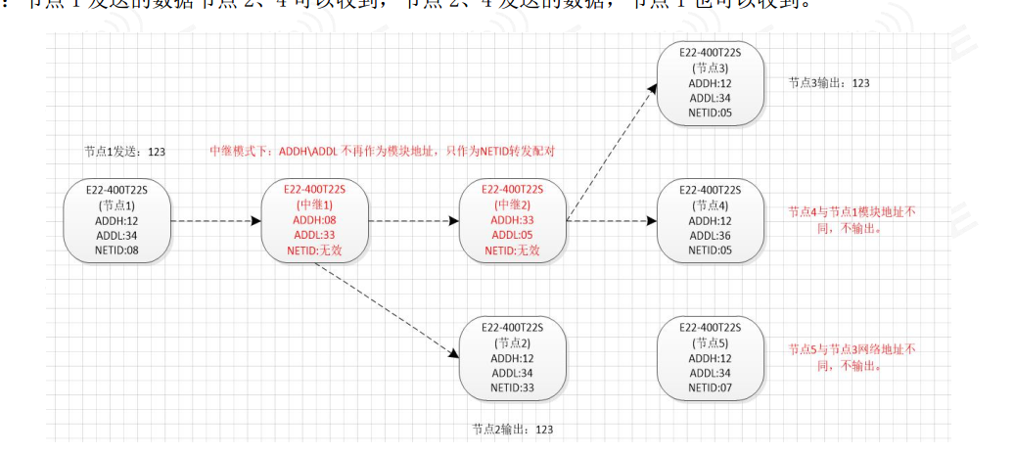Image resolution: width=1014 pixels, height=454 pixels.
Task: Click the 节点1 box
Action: [116, 221]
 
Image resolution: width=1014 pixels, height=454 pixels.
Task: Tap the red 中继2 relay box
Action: [513, 221]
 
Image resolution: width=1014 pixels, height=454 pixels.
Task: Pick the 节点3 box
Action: [710, 83]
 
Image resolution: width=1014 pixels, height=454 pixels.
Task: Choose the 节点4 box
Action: [710, 221]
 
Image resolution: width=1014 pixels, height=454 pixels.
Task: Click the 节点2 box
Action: [513, 357]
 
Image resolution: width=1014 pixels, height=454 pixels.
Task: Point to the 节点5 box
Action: [710, 357]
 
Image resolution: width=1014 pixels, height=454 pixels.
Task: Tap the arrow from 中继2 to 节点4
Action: [612, 221]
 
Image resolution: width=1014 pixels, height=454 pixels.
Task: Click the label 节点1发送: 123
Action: [124, 152]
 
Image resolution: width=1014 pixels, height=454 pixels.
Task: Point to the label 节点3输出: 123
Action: [829, 83]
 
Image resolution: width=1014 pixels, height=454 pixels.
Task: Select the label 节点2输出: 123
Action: [512, 429]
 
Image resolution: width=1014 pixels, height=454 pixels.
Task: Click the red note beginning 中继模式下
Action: [389, 152]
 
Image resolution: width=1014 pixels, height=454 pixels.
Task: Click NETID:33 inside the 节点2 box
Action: [513, 387]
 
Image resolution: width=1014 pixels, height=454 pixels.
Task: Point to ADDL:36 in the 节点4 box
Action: [710, 236]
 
